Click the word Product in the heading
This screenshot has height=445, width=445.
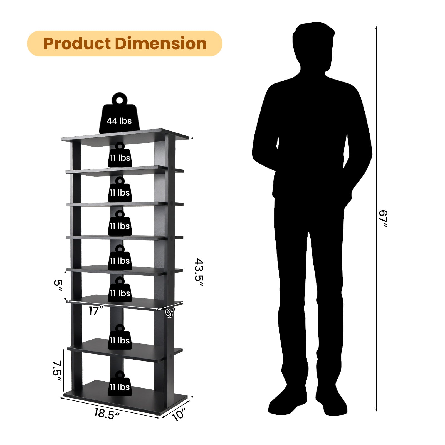[77, 44]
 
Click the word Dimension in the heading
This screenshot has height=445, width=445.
[160, 44]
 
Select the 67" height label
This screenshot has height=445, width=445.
[383, 219]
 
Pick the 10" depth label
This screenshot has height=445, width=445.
[178, 415]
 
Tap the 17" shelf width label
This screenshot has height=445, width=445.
[96, 311]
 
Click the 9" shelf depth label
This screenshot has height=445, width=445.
[170, 313]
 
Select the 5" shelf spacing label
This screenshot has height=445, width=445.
[58, 285]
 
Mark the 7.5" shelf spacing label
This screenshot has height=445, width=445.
[57, 371]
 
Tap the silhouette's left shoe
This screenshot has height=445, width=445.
[286, 400]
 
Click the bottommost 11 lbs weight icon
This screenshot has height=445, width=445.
[120, 385]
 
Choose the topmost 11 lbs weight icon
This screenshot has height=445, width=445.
[120, 156]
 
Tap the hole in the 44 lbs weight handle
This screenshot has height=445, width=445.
[120, 100]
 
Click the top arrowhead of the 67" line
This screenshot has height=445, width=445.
[376, 28]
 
